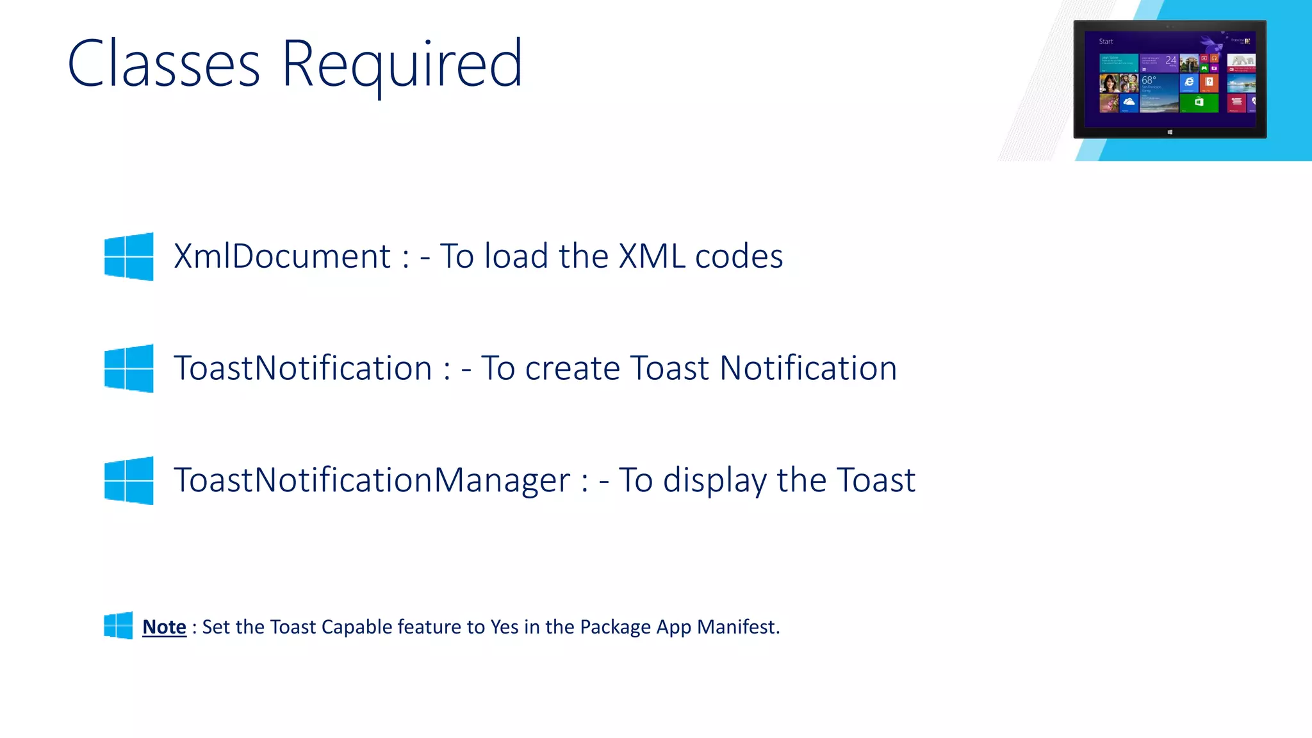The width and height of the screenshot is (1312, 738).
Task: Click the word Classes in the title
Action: (x=164, y=64)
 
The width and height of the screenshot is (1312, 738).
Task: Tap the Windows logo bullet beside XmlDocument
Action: (x=129, y=256)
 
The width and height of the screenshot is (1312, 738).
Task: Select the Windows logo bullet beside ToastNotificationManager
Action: (x=129, y=480)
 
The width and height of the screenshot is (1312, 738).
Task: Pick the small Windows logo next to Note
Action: (x=119, y=625)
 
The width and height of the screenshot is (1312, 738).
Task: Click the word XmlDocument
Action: (x=282, y=256)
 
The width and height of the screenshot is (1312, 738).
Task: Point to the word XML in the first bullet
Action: (x=652, y=256)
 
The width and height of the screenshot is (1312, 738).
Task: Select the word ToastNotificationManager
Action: (x=372, y=480)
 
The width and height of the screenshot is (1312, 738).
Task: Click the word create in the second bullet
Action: (x=572, y=369)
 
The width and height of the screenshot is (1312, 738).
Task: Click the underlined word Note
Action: (x=164, y=627)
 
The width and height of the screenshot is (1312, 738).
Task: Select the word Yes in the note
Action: (x=504, y=627)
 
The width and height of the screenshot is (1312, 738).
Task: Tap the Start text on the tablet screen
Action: (x=1106, y=42)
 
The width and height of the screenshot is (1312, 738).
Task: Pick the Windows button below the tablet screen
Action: (x=1170, y=132)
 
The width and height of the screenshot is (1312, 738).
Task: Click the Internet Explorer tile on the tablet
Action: (x=1189, y=83)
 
